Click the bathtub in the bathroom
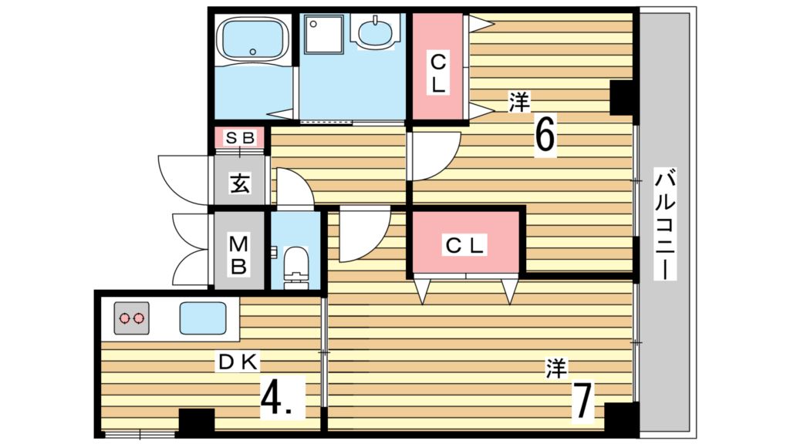click(253, 40)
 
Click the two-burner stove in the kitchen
click(131, 318)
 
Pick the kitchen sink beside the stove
click(203, 318)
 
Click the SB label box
click(240, 137)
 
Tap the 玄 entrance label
click(240, 183)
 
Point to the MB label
click(238, 256)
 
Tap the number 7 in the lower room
click(583, 401)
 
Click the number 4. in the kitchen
click(282, 397)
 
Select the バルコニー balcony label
click(664, 225)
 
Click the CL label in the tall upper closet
click(438, 74)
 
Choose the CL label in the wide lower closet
click(464, 246)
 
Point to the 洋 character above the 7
click(556, 368)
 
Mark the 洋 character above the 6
click(519, 103)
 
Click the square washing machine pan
click(325, 34)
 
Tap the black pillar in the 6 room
click(622, 97)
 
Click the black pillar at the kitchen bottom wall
click(197, 420)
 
